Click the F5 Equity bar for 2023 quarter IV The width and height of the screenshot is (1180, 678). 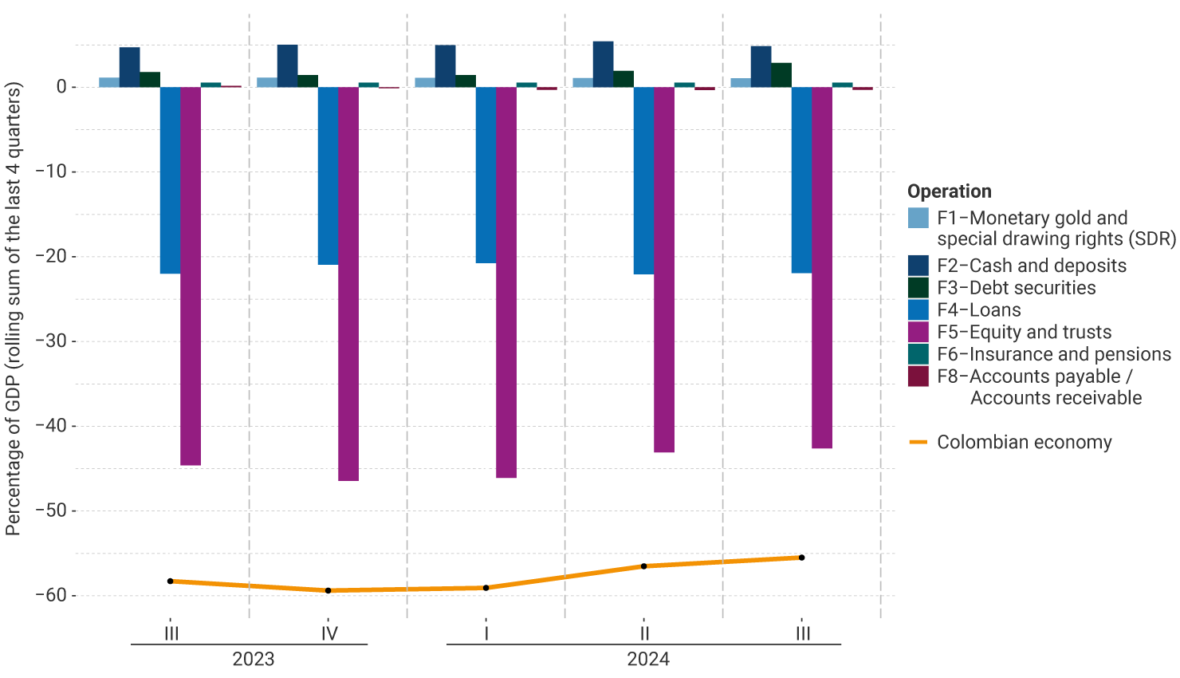tap(348, 283)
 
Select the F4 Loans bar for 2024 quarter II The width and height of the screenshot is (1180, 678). tap(643, 180)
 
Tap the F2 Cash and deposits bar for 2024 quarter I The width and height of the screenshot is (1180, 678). tap(445, 66)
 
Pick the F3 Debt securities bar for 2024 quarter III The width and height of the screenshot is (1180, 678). tap(781, 75)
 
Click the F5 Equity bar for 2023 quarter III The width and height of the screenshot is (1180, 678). tap(191, 275)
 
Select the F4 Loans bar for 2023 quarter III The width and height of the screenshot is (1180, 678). tap(170, 180)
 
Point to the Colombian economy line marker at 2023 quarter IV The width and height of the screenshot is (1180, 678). tap(328, 590)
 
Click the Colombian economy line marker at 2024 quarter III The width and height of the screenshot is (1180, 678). tap(801, 558)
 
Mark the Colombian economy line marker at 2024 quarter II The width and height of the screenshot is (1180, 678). tap(643, 566)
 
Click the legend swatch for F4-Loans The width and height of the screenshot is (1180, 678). tap(918, 309)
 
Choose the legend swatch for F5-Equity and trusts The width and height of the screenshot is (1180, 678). tap(918, 332)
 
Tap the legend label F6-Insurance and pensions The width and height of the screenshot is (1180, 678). tap(1053, 354)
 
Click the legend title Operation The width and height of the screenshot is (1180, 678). tap(949, 191)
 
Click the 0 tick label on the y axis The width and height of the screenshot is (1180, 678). tap(61, 87)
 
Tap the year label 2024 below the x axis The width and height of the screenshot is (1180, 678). tap(647, 659)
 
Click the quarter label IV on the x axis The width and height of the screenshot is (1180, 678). tap(328, 633)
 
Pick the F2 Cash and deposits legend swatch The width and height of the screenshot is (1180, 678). tap(918, 266)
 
